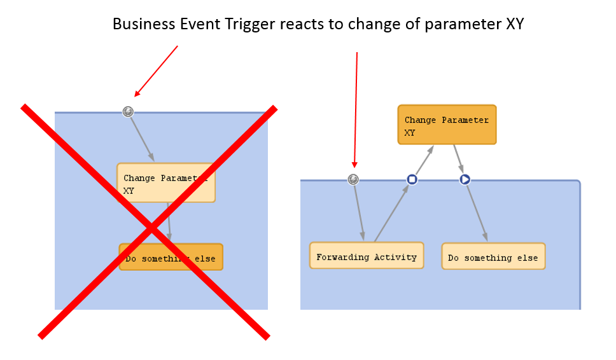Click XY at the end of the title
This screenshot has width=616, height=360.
[514, 24]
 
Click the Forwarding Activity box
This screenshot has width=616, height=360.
[366, 256]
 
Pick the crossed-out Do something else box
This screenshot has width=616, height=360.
[171, 257]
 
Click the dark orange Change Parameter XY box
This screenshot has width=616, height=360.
[447, 125]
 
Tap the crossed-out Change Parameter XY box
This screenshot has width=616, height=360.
[165, 183]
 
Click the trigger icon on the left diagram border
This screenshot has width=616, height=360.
[128, 112]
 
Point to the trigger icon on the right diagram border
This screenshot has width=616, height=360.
[354, 179]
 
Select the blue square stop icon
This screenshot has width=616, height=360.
[412, 179]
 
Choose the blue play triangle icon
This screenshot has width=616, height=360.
[465, 179]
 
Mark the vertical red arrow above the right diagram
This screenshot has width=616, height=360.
[356, 108]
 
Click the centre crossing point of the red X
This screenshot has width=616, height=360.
[151, 227]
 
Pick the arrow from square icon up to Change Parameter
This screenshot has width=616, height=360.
[423, 163]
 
